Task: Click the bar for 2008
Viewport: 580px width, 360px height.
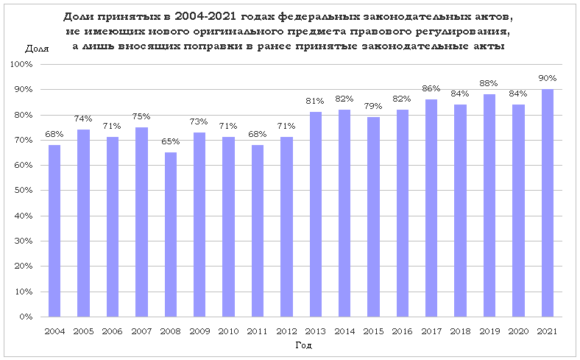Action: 171,235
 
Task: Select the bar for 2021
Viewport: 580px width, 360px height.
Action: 547,203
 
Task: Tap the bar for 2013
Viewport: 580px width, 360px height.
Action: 316,214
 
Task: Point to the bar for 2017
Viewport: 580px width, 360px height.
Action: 431,208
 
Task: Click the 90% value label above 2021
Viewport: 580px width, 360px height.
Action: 547,78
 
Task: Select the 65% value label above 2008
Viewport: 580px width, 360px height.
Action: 171,141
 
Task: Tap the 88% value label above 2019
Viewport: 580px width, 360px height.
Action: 489,83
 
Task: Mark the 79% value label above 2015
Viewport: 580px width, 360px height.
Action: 373,106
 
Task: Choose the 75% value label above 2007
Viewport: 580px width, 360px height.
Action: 141,116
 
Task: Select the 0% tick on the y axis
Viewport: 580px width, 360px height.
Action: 26,317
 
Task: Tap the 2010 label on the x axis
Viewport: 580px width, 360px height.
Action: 229,332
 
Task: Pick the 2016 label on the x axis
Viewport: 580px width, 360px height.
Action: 403,332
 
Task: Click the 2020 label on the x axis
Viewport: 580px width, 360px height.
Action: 518,332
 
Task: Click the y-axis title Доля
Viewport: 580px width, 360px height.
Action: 37,49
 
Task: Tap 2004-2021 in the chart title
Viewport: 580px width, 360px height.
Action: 208,16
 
